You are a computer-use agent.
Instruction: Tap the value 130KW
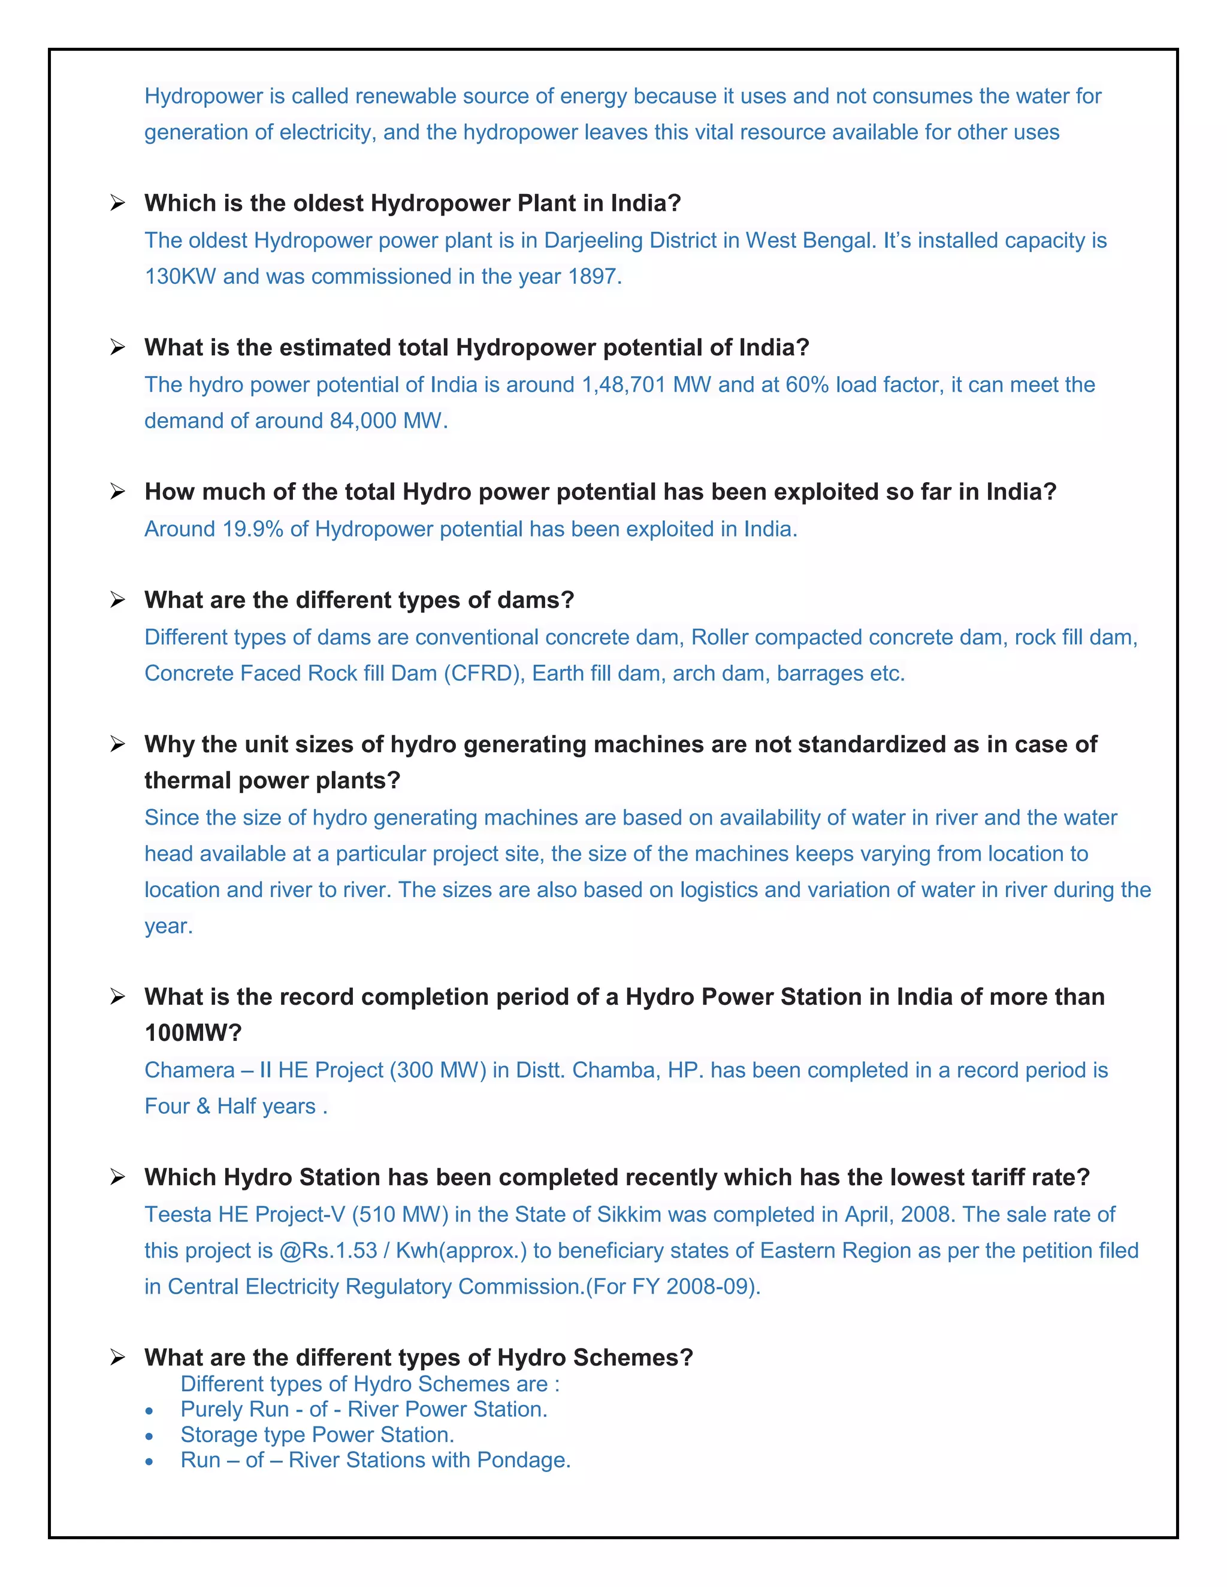coord(180,277)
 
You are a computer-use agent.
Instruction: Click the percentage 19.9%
coord(253,529)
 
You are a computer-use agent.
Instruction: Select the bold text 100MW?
coord(194,1032)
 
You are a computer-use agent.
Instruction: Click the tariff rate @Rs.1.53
coord(328,1250)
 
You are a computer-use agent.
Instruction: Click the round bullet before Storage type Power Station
coord(149,1437)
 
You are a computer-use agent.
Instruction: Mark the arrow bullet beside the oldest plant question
coord(118,203)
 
